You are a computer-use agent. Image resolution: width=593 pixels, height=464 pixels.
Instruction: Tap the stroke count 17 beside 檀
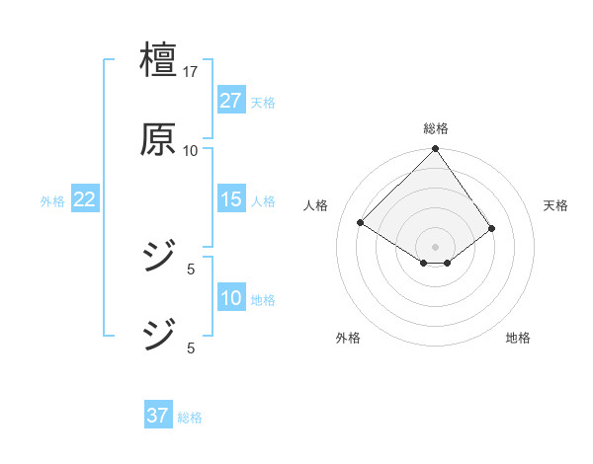coord(191,72)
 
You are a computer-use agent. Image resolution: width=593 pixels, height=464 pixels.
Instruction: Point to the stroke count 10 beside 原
coord(191,150)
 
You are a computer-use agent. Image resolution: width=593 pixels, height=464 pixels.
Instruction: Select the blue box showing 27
coord(230,101)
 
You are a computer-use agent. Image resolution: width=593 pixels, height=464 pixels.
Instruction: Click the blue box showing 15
coord(230,199)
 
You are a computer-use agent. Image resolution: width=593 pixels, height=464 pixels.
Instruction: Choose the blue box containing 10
coord(230,298)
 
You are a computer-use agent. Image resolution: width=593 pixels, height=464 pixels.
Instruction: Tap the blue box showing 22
coord(84,199)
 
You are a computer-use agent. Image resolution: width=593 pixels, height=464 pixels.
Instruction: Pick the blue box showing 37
coord(157,416)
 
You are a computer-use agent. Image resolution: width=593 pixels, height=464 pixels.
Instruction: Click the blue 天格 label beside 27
coord(263,103)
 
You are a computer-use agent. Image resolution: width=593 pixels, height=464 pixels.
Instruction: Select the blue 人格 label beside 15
coord(263,201)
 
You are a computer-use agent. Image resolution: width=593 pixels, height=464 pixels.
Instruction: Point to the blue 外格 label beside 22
coord(52,201)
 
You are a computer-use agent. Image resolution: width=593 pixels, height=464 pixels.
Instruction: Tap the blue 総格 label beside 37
coord(190,418)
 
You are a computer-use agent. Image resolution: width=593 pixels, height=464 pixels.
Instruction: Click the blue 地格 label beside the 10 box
coord(263,300)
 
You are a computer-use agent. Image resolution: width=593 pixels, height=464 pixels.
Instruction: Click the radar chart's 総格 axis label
coord(436,128)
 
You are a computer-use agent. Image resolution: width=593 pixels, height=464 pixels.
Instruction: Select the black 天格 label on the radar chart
coord(556,205)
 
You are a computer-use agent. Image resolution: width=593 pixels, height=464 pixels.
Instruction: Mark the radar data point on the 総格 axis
coord(436,150)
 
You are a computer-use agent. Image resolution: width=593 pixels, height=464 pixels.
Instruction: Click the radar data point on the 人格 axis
coord(361,223)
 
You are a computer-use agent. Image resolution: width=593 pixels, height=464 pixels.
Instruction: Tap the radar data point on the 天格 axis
coord(492,228)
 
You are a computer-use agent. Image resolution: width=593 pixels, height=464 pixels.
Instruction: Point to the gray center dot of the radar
coord(436,246)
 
